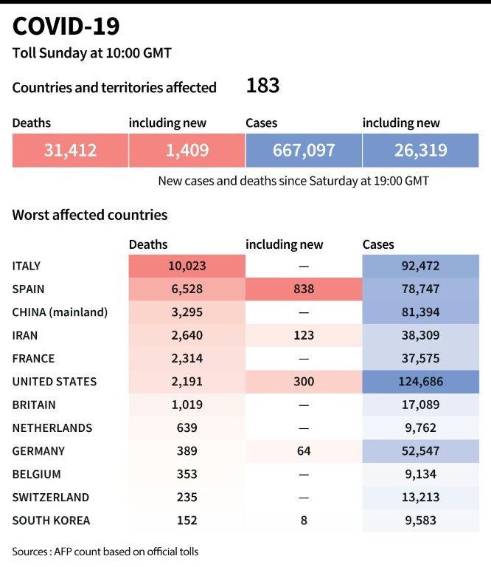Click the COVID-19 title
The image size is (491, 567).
tap(66, 27)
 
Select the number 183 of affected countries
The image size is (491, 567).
tap(262, 86)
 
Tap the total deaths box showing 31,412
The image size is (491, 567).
tap(70, 151)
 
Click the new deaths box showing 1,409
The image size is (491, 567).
tap(187, 151)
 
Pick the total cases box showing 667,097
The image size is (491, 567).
tap(303, 151)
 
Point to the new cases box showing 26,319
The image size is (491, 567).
tap(420, 151)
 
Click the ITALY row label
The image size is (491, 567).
tap(27, 266)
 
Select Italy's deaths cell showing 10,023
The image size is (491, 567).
tap(187, 266)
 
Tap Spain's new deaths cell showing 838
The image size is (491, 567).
tap(303, 289)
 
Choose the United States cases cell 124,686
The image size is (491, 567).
tap(420, 382)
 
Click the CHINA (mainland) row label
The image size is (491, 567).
tap(60, 312)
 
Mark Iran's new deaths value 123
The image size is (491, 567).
tap(303, 335)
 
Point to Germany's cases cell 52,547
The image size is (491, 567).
tap(420, 451)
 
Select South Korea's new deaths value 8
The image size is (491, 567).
tap(303, 520)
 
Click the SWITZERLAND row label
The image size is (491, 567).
tap(51, 498)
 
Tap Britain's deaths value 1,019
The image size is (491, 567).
tap(187, 405)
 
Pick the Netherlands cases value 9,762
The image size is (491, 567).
tap(420, 428)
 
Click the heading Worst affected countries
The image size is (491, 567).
tap(90, 215)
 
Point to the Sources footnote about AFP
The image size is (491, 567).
tap(105, 551)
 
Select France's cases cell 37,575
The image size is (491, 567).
tap(420, 359)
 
